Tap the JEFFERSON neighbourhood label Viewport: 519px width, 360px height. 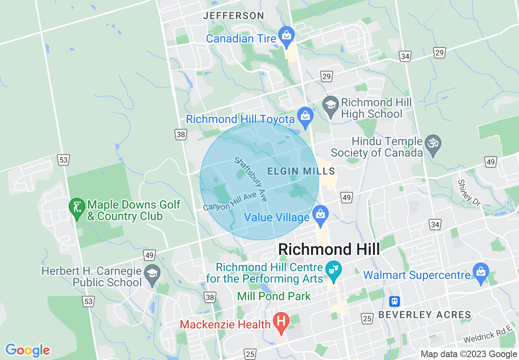pos(234,16)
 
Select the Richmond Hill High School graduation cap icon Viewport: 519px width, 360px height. pos(330,105)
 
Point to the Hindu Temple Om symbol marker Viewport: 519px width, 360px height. pos(432,144)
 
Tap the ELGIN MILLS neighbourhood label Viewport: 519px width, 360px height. pos(301,171)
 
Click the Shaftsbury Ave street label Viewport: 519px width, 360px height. pos(250,180)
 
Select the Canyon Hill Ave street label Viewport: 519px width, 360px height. pos(230,201)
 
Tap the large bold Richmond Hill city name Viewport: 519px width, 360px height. pos(329,249)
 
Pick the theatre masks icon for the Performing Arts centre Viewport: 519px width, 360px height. pos(334,270)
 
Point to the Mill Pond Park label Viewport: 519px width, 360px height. pos(274,296)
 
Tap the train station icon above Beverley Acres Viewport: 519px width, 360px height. pos(395,301)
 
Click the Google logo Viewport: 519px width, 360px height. pos(27,350)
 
